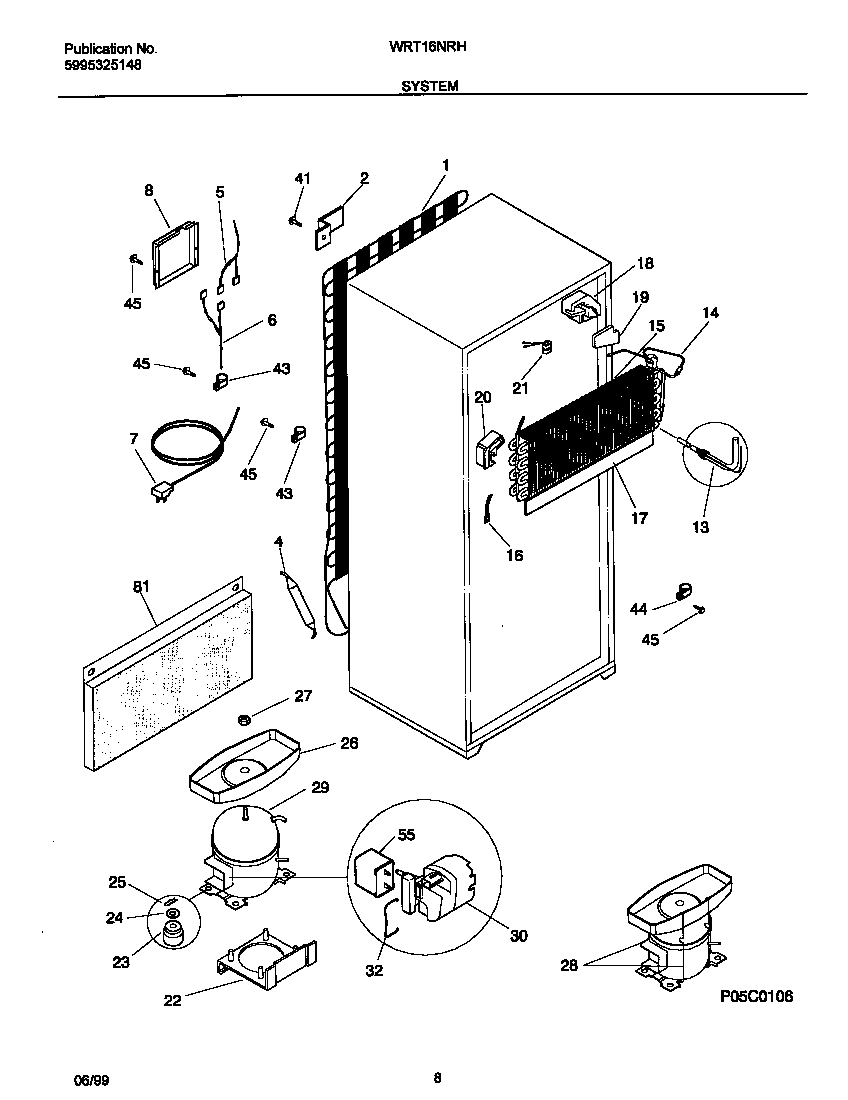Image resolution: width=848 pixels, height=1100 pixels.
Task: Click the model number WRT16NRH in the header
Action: coord(430,47)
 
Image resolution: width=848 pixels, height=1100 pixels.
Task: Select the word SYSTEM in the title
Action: coord(430,87)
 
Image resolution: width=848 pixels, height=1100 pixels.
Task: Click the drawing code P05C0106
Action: coord(756,997)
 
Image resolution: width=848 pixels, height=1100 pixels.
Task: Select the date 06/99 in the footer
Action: coord(88,1078)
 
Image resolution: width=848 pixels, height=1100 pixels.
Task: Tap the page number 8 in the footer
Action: coord(438,1078)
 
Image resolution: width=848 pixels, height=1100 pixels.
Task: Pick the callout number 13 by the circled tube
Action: coord(700,527)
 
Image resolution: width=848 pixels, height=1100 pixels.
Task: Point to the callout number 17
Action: coord(638,518)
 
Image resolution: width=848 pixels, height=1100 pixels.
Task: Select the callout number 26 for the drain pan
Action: coord(349,743)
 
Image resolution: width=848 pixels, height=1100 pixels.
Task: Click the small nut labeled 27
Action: coord(243,719)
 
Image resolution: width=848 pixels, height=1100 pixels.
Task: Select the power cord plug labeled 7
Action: coord(159,493)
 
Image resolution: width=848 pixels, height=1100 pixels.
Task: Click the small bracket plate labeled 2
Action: coord(329,226)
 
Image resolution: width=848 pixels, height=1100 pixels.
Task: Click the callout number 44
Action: coord(637,608)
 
